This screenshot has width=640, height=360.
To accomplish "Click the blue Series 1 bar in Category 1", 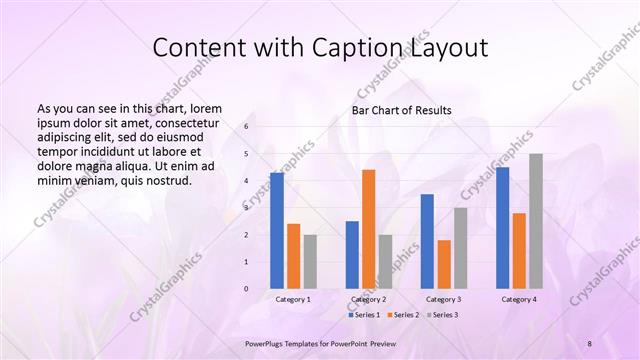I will pos(277,231).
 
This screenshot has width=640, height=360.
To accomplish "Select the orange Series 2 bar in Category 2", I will pos(369,229).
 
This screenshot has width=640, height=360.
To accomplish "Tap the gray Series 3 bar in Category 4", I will pos(536,221).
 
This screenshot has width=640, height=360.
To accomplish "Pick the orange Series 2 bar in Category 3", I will pos(444,264).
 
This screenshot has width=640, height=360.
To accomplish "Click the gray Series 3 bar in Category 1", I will pos(310,262).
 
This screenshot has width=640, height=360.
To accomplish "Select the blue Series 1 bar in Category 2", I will pos(352,255).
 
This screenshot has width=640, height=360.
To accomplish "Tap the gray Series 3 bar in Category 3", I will pos(461,248).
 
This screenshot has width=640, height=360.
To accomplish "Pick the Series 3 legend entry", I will pos(443,315).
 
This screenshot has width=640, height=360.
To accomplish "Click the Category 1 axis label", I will pos(293,299).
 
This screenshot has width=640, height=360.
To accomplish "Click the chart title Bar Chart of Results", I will pos(401,110).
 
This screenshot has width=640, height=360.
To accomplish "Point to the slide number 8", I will pos(590,343).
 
